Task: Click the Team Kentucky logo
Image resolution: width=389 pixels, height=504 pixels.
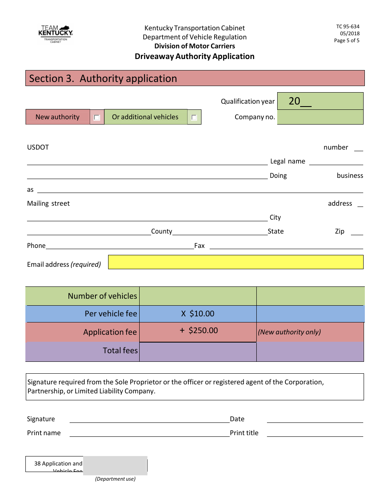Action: (55, 33)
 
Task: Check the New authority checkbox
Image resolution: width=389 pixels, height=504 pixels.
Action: (97, 118)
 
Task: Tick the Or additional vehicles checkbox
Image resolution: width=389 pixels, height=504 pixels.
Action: (194, 118)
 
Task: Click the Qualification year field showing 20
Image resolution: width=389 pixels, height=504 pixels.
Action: (320, 101)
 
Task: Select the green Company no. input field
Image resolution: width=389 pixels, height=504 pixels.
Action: (320, 117)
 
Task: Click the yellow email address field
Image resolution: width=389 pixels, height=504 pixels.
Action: (235, 262)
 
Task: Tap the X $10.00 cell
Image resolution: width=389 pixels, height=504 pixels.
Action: (198, 314)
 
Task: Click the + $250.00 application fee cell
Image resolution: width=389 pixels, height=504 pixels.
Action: (198, 331)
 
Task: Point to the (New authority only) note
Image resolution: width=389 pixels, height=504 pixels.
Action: (289, 332)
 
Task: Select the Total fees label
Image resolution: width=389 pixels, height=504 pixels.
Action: (120, 351)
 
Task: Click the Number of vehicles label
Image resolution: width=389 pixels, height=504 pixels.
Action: (102, 296)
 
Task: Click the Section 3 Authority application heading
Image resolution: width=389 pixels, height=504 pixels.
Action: (103, 79)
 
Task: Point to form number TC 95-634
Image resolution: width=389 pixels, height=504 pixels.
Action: (348, 27)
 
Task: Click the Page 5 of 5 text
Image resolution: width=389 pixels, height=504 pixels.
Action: (346, 41)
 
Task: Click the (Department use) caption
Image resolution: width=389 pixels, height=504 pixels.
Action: (115, 479)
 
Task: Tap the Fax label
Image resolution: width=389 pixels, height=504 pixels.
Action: (199, 246)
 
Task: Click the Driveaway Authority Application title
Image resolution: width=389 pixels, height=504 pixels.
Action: (194, 57)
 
